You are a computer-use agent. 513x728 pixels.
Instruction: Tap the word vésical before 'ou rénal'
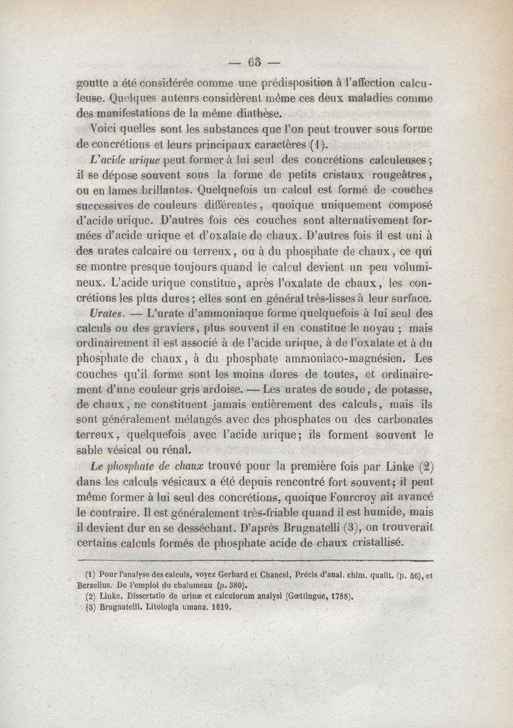140,450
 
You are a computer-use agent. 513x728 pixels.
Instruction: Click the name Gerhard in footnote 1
229,575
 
